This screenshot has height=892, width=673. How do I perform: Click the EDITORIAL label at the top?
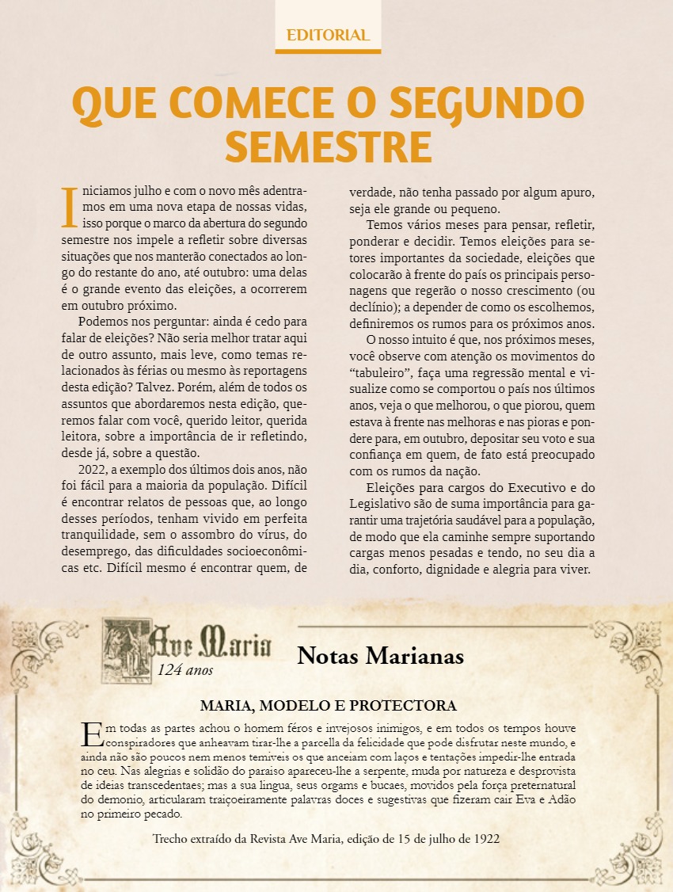coord(328,35)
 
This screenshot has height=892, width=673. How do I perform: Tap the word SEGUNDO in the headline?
coord(487,103)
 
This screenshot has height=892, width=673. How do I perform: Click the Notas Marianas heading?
coord(380,656)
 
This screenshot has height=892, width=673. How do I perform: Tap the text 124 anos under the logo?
coord(185,670)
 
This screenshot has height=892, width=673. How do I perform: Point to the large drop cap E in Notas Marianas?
coord(92,734)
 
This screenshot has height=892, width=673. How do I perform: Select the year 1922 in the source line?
coord(485,837)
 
